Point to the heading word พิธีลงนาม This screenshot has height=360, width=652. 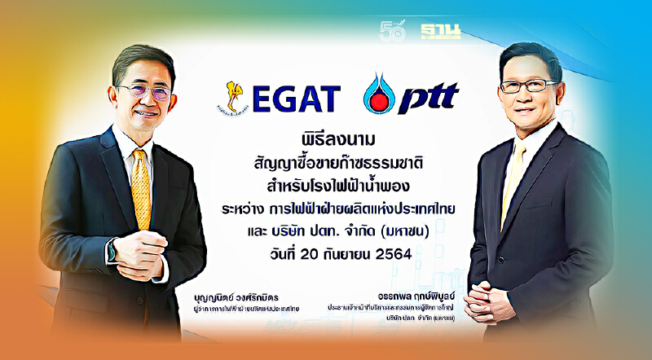[x=326, y=133]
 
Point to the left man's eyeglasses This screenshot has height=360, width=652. [x=143, y=90]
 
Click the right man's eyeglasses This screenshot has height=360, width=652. [x=521, y=84]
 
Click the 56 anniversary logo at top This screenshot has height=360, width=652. [x=394, y=32]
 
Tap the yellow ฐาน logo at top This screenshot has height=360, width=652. [x=441, y=33]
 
